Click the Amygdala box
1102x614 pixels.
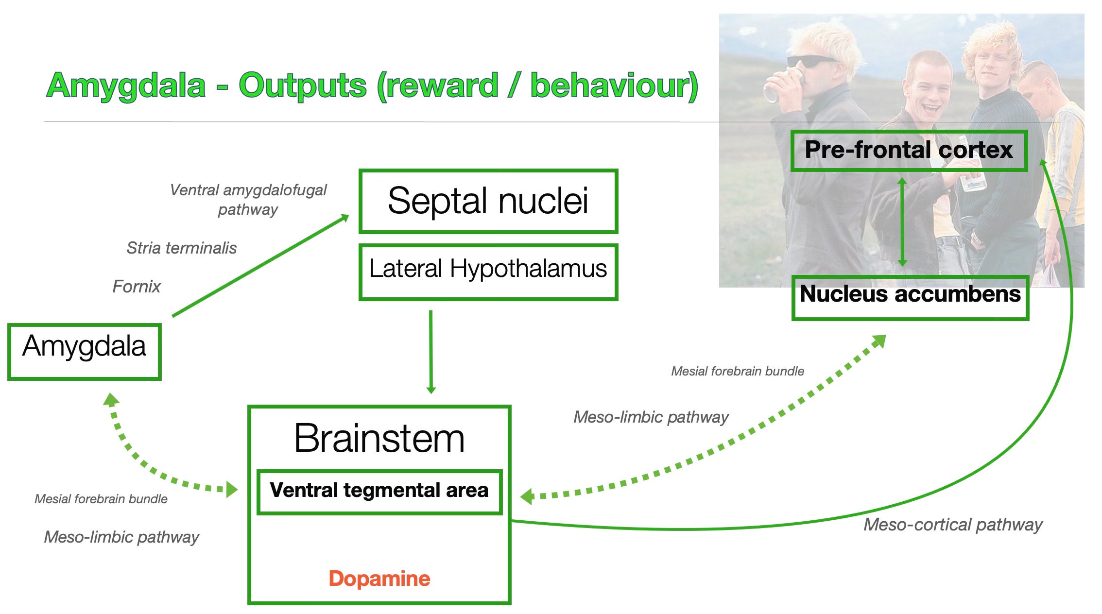coord(84,351)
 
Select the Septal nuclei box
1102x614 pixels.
coord(488,201)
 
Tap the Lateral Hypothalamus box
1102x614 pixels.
coord(488,272)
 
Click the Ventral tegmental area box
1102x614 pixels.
coord(379,491)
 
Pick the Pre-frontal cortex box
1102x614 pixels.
coord(909,151)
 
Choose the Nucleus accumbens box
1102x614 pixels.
coord(910,297)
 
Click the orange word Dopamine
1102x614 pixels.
coord(379,579)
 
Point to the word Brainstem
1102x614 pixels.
coord(379,438)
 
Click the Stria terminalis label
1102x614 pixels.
coord(181,248)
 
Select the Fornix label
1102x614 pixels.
coord(136,287)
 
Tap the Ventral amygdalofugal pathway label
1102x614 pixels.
coord(248,200)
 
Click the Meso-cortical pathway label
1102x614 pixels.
coord(953,525)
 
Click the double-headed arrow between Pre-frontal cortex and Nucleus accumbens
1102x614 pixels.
coord(902,222)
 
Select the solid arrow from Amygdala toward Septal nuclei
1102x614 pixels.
coord(260,266)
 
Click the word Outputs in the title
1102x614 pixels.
coord(302,86)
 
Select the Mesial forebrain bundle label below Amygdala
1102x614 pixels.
coord(101,499)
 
